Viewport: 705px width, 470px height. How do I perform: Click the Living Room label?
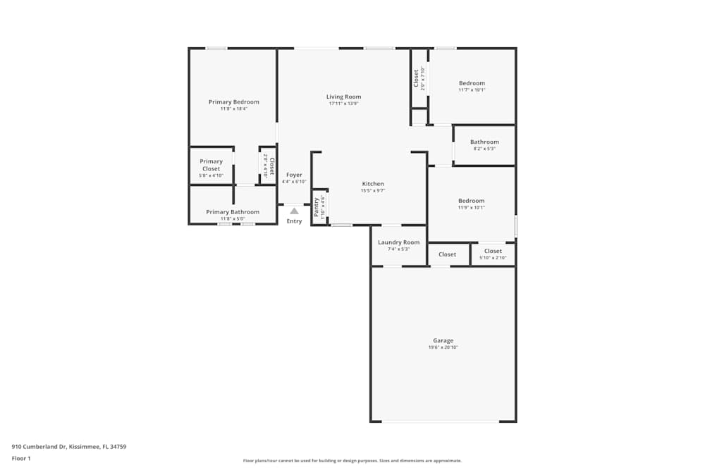pyautogui.click(x=343, y=97)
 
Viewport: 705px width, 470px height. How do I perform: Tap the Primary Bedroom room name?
pyautogui.click(x=233, y=102)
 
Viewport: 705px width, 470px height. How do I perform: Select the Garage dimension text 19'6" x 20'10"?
pyautogui.click(x=443, y=347)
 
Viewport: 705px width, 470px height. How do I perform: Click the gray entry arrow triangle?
pyautogui.click(x=294, y=211)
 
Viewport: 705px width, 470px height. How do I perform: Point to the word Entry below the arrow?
pyautogui.click(x=294, y=221)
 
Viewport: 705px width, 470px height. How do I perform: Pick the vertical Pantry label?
pyautogui.click(x=317, y=207)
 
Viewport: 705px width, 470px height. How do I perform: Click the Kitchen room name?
pyautogui.click(x=373, y=184)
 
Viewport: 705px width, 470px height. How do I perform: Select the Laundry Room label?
pyautogui.click(x=398, y=242)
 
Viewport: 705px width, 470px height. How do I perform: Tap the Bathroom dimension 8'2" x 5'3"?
pyautogui.click(x=484, y=149)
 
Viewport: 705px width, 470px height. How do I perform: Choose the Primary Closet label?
pyautogui.click(x=211, y=165)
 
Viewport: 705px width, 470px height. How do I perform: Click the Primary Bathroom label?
pyautogui.click(x=233, y=212)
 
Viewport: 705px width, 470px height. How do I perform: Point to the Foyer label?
pyautogui.click(x=294, y=175)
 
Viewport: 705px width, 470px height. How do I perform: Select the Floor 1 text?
pyautogui.click(x=21, y=458)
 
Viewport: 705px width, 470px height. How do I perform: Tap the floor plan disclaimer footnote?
pyautogui.click(x=352, y=461)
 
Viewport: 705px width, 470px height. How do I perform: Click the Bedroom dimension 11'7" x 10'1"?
pyautogui.click(x=472, y=90)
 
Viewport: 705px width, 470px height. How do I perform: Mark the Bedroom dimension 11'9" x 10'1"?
pyautogui.click(x=472, y=208)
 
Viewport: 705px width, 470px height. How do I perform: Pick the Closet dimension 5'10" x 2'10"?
pyautogui.click(x=493, y=258)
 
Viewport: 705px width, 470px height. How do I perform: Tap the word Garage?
pyautogui.click(x=443, y=340)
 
